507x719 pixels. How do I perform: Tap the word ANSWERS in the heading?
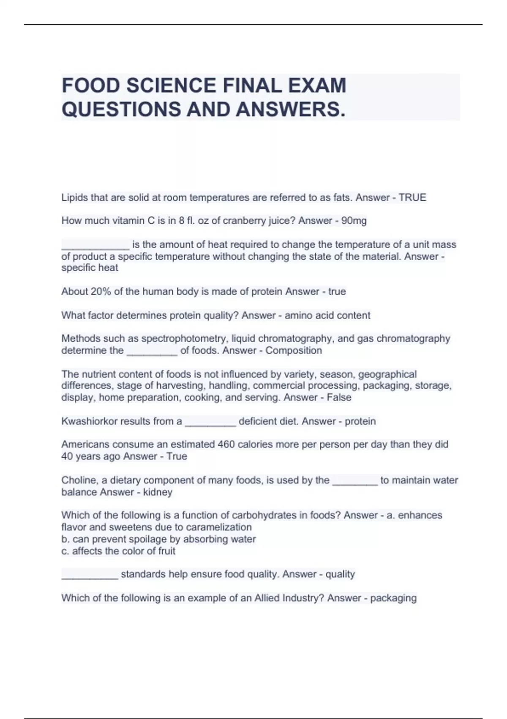(x=288, y=110)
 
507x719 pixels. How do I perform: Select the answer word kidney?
(x=158, y=492)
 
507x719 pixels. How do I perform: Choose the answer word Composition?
(x=294, y=350)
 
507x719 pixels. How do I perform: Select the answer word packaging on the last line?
(x=393, y=598)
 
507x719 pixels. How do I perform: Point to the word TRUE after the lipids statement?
(x=412, y=198)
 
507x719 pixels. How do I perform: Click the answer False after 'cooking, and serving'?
(x=339, y=398)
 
